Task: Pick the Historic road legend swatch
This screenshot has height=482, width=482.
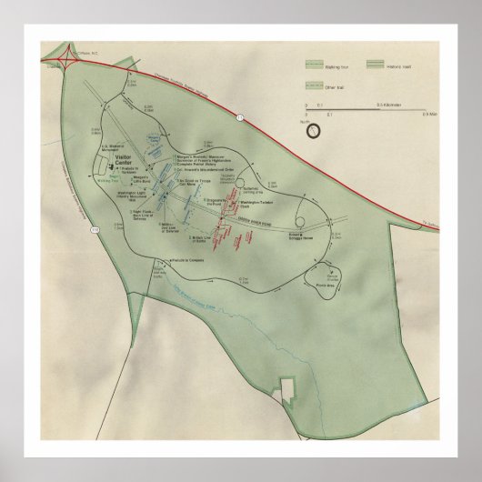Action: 377,66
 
